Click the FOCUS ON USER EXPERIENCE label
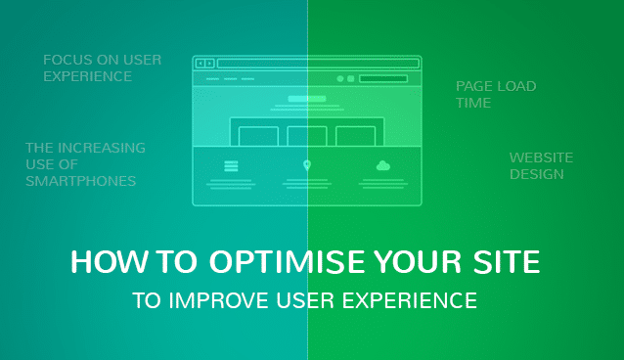(x=102, y=67)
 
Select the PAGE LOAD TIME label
(x=495, y=94)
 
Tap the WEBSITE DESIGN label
(x=541, y=165)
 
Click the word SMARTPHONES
(x=80, y=181)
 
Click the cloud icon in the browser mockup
(x=383, y=166)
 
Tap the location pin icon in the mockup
(x=307, y=166)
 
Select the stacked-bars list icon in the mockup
(x=231, y=166)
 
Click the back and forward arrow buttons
(x=205, y=64)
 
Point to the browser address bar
(x=317, y=64)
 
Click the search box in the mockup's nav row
(x=383, y=78)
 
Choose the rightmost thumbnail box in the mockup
(x=355, y=136)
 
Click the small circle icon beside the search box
(x=340, y=78)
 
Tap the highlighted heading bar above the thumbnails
(x=307, y=99)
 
